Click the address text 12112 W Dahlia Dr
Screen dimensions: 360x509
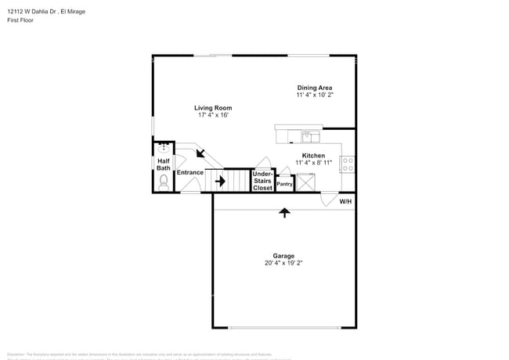click(32, 12)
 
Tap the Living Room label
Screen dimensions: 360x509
click(213, 108)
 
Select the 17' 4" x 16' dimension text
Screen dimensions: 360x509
click(213, 116)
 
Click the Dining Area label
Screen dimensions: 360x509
click(314, 87)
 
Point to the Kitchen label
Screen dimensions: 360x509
click(313, 156)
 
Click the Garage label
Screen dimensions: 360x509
click(283, 256)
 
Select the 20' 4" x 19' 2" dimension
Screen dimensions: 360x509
click(283, 264)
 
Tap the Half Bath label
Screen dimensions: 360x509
click(164, 164)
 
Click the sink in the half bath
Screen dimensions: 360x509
click(164, 146)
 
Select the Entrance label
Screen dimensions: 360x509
click(190, 172)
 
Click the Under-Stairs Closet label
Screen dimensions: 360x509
click(262, 180)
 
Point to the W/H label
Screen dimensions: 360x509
click(345, 201)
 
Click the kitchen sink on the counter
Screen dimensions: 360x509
click(311, 136)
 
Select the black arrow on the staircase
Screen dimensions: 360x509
click(220, 182)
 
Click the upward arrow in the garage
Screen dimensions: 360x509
click(283, 211)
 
